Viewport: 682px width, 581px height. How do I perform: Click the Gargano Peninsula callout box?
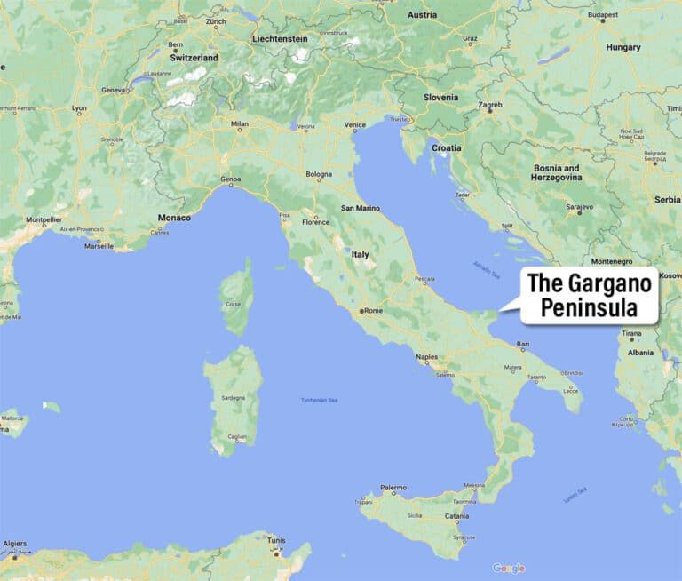click(590, 296)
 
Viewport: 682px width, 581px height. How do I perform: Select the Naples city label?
click(425, 357)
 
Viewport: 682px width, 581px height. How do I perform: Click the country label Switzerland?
click(194, 57)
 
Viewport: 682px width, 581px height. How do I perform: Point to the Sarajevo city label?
click(578, 206)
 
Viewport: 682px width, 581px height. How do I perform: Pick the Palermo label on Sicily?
click(393, 488)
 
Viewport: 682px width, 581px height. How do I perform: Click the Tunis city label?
click(276, 539)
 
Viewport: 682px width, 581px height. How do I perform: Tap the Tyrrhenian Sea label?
click(321, 401)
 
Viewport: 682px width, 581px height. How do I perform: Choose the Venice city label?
click(354, 125)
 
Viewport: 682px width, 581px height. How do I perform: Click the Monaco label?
click(174, 218)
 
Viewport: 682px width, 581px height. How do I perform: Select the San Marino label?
click(361, 208)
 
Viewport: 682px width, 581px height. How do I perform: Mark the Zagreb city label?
click(490, 105)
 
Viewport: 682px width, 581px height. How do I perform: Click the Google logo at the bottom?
click(509, 569)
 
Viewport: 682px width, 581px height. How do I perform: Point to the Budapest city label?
click(602, 15)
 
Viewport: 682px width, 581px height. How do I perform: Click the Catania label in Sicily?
click(457, 515)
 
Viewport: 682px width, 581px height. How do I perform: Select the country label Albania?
click(640, 352)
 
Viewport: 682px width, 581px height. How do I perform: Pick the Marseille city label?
click(99, 246)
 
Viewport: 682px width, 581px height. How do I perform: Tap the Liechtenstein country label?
click(280, 39)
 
